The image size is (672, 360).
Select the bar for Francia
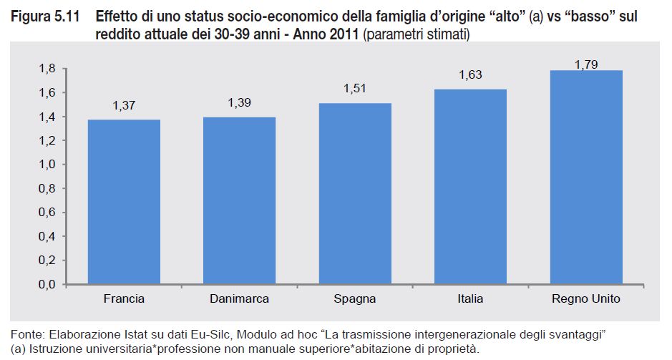[x=124, y=202]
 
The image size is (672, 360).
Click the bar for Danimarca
[x=240, y=200]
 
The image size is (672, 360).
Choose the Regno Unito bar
[x=586, y=177]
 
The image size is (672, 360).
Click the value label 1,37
[x=124, y=106]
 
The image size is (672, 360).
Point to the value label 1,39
[x=240, y=103]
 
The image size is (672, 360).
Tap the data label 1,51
[x=355, y=89]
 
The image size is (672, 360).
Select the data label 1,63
[x=470, y=75]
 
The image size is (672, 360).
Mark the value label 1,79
[x=586, y=64]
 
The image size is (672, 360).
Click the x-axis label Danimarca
[x=240, y=298]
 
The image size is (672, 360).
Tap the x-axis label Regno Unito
[x=586, y=298]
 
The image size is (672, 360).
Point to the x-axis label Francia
[x=124, y=298]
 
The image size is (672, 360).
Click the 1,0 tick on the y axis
[x=47, y=165]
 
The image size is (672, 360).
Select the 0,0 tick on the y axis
[x=47, y=284]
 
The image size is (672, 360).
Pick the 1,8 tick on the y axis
[x=47, y=69]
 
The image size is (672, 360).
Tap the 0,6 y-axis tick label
[x=47, y=213]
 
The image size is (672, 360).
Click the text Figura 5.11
[x=39, y=15]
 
